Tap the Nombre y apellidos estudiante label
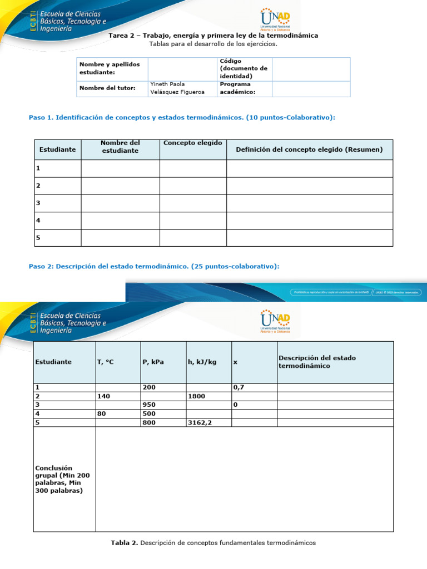(x=106, y=68)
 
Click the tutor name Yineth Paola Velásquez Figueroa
(x=177, y=88)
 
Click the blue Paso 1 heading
(x=182, y=117)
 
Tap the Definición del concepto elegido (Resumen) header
(x=309, y=149)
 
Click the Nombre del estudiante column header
(x=120, y=147)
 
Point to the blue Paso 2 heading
(x=153, y=266)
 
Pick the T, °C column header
(x=105, y=362)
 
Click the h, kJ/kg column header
(x=202, y=362)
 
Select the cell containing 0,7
(x=239, y=387)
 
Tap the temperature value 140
(x=104, y=396)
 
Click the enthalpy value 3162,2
(x=200, y=422)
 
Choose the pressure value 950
(x=149, y=405)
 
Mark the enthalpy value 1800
(x=197, y=396)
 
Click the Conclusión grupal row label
(x=62, y=480)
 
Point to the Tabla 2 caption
(x=213, y=542)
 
